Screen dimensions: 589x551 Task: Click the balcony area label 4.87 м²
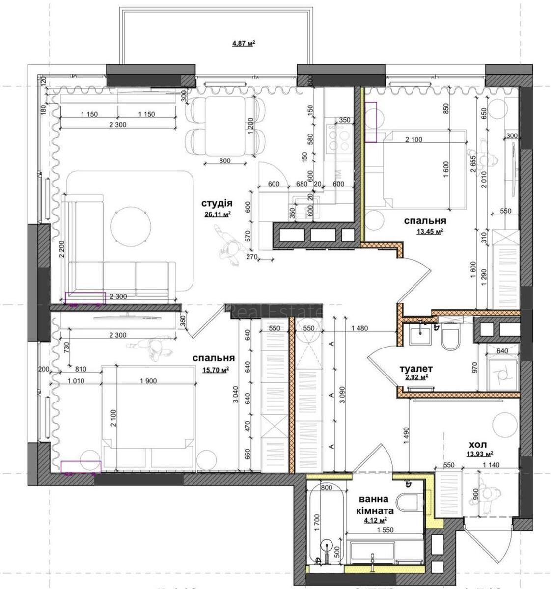click(244, 43)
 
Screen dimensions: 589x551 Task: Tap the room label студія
click(216, 203)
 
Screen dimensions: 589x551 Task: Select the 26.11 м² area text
click(216, 214)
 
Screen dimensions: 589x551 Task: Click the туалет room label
click(415, 368)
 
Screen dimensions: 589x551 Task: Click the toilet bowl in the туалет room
click(450, 338)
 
